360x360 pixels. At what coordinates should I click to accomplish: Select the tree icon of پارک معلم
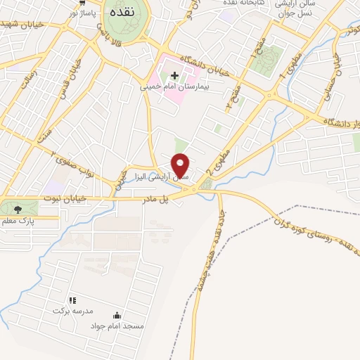(x=18, y=208)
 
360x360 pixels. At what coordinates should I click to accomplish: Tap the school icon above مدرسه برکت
(x=72, y=300)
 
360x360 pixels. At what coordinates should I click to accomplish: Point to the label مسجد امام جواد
(x=117, y=326)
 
